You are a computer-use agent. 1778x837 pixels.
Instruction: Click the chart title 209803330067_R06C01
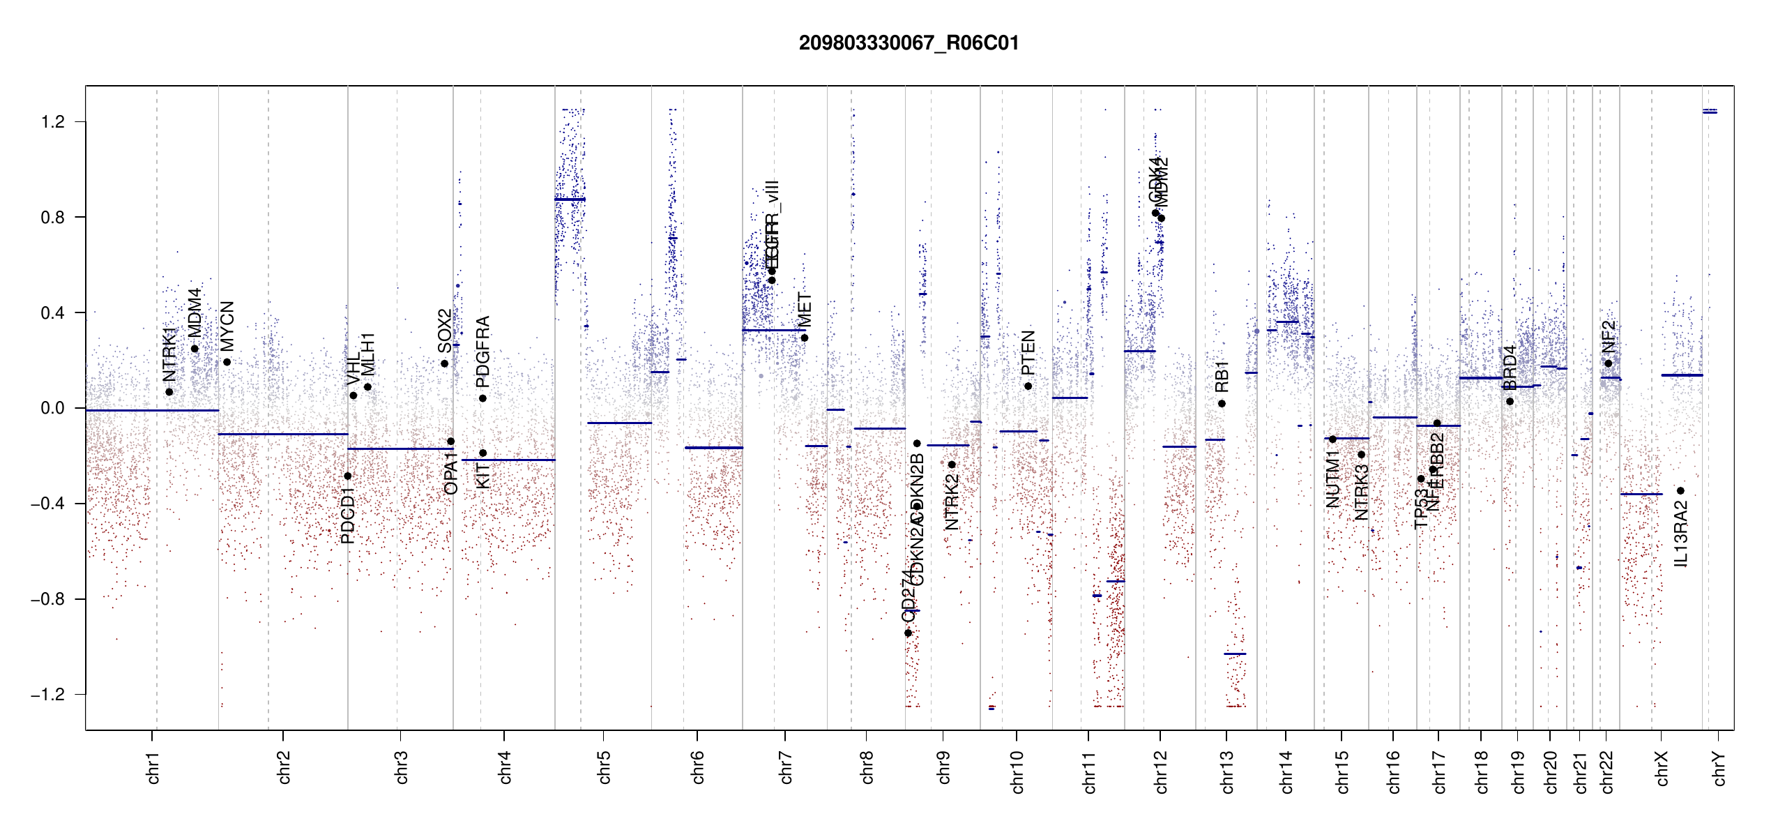point(909,43)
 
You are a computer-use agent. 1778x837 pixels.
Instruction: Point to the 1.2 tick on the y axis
point(53,122)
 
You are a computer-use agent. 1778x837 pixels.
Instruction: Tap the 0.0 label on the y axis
point(53,408)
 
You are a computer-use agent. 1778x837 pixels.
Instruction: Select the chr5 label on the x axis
point(604,767)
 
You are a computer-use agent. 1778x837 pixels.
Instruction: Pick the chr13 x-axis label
point(1227,771)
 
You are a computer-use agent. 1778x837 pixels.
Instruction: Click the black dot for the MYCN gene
point(227,362)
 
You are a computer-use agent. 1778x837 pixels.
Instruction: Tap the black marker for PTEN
point(1028,386)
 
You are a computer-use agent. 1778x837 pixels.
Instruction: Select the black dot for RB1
point(1222,404)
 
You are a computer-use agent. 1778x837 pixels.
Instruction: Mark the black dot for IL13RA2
point(1680,491)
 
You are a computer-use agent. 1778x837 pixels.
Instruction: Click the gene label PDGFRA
point(483,352)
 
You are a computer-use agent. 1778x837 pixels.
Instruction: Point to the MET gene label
point(805,310)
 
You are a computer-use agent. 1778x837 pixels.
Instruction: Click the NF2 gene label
point(1608,337)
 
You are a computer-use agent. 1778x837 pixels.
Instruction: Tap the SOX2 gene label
point(445,331)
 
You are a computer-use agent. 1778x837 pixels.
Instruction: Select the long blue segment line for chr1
point(152,411)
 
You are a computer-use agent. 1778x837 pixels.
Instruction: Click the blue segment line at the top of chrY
point(1710,112)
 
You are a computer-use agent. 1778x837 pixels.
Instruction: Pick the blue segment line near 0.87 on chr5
point(570,200)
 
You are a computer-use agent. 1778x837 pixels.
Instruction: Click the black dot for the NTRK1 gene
point(169,392)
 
